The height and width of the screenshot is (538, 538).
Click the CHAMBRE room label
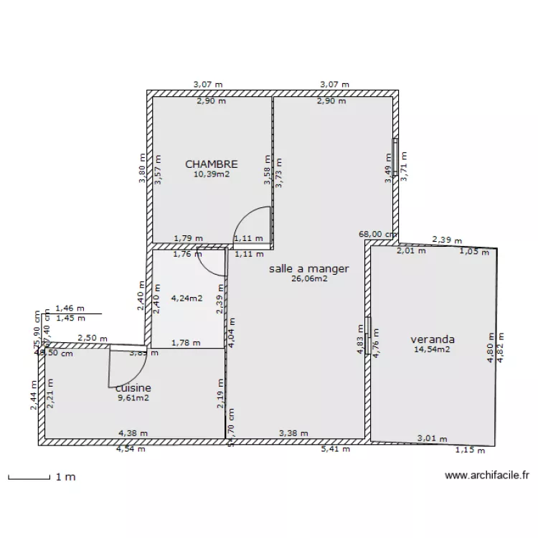[211, 164]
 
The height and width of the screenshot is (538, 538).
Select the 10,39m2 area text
[211, 174]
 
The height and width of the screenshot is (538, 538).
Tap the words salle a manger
[308, 269]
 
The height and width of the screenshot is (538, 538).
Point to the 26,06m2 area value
[309, 279]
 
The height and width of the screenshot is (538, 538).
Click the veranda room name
[433, 339]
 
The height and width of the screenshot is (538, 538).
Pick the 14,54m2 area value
[432, 349]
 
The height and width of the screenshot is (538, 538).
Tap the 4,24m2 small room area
[187, 299]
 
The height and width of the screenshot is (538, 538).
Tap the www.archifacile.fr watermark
[486, 475]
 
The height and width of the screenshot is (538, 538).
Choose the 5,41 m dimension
[336, 449]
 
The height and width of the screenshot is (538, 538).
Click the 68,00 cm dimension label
[378, 234]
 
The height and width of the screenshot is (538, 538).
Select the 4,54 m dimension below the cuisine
[133, 450]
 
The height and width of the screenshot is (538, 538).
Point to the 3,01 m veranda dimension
[433, 438]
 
